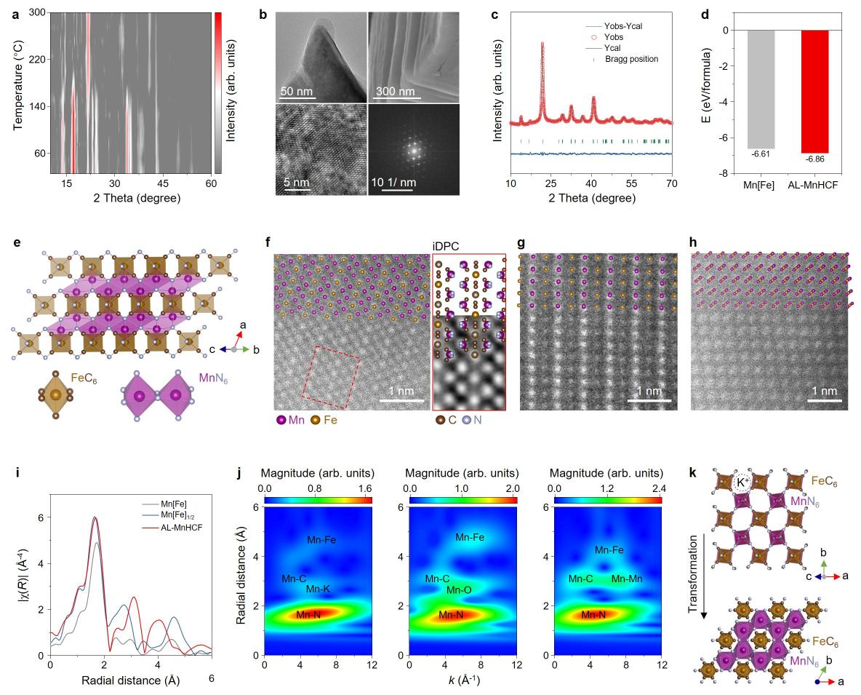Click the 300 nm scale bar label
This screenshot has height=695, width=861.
396,92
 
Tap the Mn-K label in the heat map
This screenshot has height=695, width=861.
319,588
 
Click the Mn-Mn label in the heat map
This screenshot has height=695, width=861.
626,579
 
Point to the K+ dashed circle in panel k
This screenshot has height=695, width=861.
742,481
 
